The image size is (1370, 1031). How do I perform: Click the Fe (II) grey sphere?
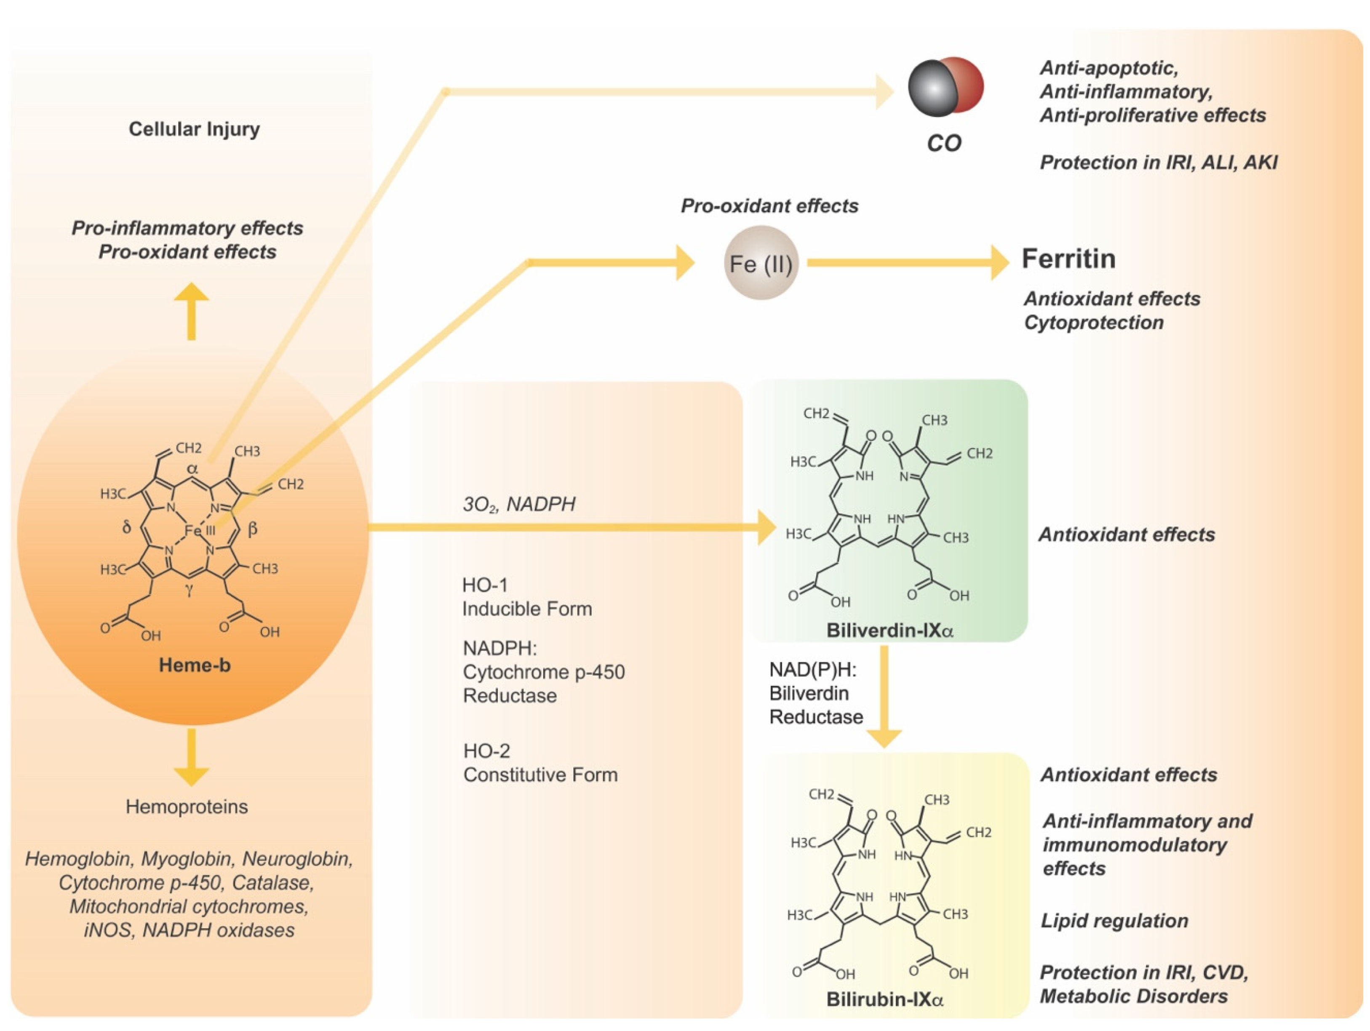tap(761, 263)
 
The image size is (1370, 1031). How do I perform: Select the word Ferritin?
tap(1068, 259)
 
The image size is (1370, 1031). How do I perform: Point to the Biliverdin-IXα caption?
tap(889, 630)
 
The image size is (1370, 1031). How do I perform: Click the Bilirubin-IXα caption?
tap(884, 999)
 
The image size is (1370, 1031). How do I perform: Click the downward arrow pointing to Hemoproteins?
tap(191, 759)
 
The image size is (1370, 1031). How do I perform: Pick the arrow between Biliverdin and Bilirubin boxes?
tap(884, 697)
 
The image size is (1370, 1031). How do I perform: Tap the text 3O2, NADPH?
tap(519, 504)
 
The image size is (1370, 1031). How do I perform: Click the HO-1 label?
tap(485, 585)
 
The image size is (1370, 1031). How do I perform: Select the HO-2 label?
tap(487, 751)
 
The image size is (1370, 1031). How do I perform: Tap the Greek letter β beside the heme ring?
tap(252, 529)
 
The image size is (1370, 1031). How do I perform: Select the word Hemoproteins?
tap(187, 807)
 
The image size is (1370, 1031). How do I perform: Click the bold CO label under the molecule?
tap(943, 143)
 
